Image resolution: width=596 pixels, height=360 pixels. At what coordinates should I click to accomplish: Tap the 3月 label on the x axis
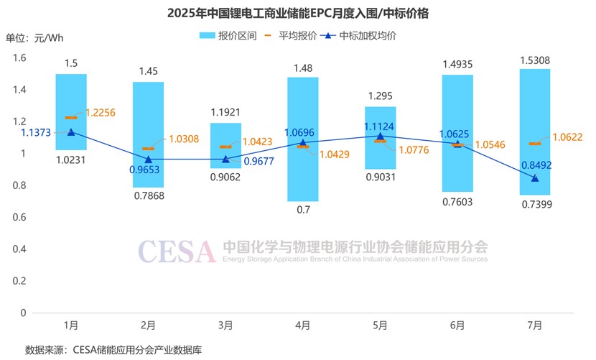pos(225,326)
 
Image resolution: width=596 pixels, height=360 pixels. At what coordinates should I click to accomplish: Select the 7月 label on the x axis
pos(534,326)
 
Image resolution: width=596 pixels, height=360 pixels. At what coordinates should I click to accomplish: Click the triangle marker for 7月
pos(534,177)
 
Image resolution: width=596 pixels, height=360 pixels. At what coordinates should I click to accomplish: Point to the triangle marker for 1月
pos(70,131)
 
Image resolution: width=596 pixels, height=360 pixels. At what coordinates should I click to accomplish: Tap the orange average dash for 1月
pos(70,118)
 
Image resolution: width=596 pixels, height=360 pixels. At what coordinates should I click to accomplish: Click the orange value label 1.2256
pos(101,112)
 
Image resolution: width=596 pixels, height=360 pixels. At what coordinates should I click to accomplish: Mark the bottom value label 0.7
pos(302,210)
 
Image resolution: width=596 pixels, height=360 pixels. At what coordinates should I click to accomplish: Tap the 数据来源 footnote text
pos(113,350)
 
